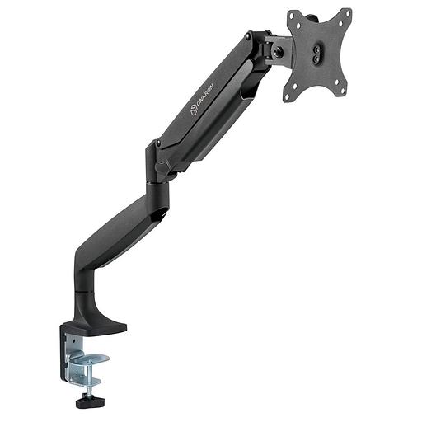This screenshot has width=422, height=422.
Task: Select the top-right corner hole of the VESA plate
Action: [347, 13]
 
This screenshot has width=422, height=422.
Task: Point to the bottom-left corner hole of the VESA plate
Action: [288, 97]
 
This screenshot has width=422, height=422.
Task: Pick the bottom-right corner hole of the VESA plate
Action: [343, 90]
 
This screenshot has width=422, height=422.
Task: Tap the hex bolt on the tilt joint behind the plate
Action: [277, 52]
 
